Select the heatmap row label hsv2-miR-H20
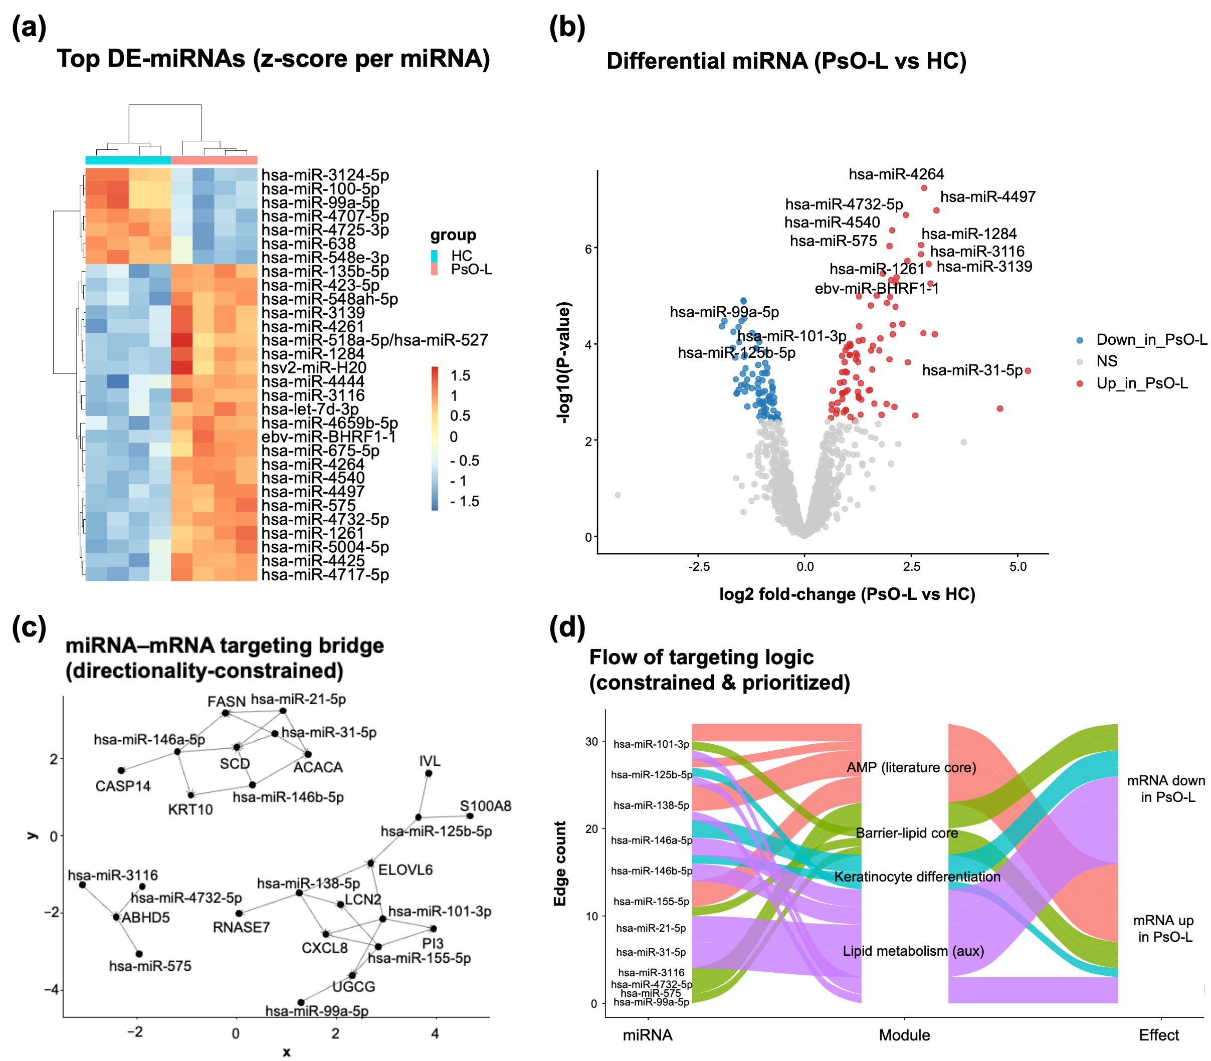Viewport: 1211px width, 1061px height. point(314,368)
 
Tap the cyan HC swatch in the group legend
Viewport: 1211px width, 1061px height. point(434,256)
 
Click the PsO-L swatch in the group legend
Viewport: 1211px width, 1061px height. point(434,270)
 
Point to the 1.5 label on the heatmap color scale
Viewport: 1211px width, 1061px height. point(460,375)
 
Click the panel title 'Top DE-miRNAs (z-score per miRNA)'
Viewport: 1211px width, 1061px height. point(273,59)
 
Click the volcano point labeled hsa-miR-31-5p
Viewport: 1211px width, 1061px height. point(1028,371)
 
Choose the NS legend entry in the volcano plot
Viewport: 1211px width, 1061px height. point(1106,361)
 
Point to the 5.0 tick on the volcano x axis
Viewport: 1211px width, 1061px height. point(1018,567)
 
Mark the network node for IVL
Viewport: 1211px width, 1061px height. point(429,773)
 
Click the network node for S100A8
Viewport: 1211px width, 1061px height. point(470,816)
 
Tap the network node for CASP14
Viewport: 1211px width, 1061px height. point(121,770)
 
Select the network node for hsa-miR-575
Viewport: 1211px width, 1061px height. point(139,954)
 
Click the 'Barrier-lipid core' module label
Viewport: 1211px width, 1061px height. point(906,833)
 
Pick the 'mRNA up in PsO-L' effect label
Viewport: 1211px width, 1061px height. point(1163,928)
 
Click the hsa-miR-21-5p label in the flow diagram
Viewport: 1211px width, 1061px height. point(650,928)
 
